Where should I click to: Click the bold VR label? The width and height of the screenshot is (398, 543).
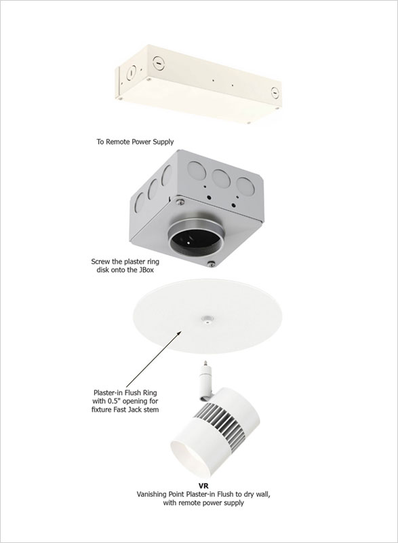tap(203, 486)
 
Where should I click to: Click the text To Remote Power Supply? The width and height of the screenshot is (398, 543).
tap(135, 142)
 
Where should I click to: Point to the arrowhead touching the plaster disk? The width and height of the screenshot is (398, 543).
tap(179, 334)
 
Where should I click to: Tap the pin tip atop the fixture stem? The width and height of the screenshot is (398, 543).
tap(205, 363)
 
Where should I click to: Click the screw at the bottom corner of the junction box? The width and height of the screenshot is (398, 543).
tap(212, 264)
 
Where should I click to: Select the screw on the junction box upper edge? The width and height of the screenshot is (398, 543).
tap(178, 200)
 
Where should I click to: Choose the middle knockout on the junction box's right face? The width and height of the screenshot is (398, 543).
tap(222, 178)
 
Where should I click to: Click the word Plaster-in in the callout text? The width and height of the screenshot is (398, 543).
tap(109, 393)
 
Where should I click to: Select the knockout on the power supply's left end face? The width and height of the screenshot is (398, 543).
tap(132, 73)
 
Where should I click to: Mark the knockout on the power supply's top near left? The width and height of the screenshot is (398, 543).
tap(157, 62)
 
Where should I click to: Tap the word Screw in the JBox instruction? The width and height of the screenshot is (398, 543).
tap(100, 261)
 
